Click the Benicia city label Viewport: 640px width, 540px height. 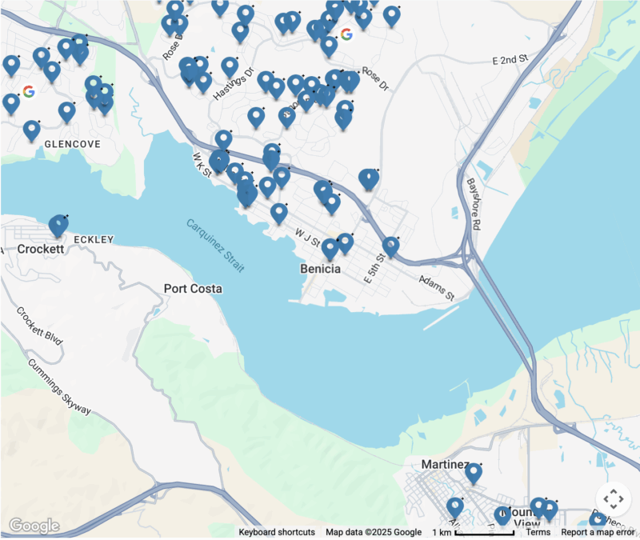click(320, 269)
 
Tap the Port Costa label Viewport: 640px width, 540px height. click(193, 288)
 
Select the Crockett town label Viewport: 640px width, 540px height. click(40, 249)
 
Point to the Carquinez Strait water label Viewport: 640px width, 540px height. click(216, 246)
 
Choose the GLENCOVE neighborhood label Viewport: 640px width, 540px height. click(73, 144)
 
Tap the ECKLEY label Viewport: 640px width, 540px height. click(94, 239)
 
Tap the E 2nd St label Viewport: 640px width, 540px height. click(511, 60)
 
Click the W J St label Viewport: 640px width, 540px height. click(306, 238)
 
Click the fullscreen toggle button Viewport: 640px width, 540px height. click(614, 499)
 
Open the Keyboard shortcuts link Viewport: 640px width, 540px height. click(276, 532)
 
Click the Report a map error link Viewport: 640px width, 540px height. click(598, 532)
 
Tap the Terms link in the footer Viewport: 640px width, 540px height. click(538, 532)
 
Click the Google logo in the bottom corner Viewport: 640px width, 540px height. click(34, 526)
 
